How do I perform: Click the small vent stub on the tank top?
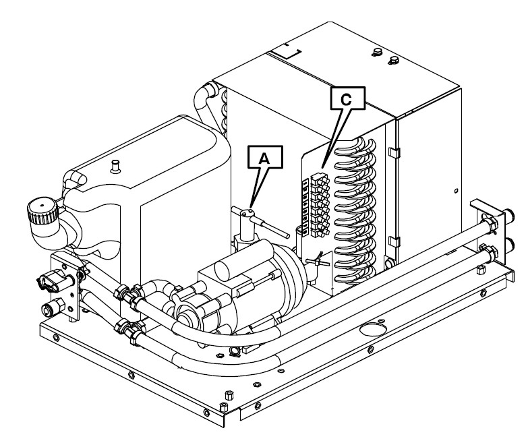pyautogui.click(x=116, y=163)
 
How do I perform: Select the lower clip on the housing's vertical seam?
pyautogui.click(x=394, y=239)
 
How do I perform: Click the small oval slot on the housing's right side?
pyautogui.click(x=457, y=192)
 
